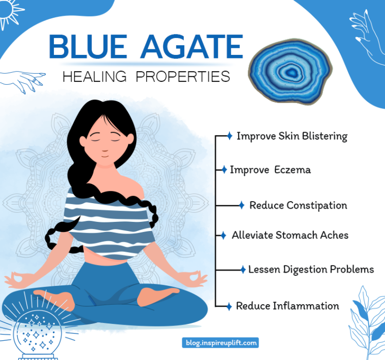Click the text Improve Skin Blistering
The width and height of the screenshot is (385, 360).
(292, 136)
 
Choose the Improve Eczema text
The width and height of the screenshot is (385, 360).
(270, 170)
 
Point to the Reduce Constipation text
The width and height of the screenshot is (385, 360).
(298, 205)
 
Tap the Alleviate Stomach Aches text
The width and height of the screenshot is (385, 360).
(290, 235)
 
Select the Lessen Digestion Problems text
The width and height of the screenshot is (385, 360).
(311, 269)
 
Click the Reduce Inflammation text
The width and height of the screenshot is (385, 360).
(287, 306)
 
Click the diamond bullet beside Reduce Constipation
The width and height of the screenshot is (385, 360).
(241, 205)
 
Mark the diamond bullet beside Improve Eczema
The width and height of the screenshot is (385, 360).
(223, 170)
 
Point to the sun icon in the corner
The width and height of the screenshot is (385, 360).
(10, 13)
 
